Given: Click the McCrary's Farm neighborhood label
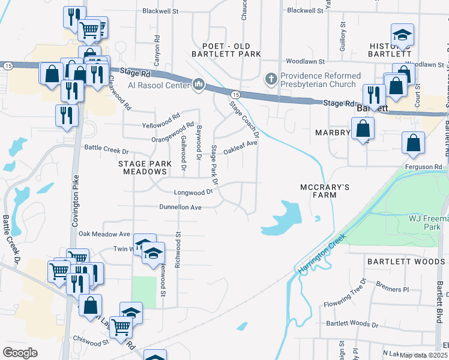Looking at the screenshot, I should click(x=325, y=192).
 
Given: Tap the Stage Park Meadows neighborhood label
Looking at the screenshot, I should click(x=142, y=167).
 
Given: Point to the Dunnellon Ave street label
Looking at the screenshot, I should click(x=172, y=207).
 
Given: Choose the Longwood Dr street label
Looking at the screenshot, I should click(x=193, y=192).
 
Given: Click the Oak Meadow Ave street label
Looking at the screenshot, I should click(x=104, y=233).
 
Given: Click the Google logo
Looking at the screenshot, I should click(x=20, y=352).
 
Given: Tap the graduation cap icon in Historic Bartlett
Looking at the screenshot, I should click(x=403, y=35).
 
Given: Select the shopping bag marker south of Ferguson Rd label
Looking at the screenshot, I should click(x=414, y=143).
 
